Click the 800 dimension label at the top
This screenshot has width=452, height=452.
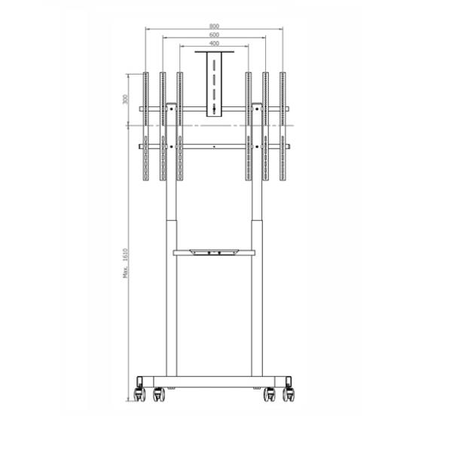tap(215, 25)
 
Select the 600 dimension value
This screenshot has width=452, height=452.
tap(215, 35)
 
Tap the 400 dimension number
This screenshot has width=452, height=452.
tap(215, 44)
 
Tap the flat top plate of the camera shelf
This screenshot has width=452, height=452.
tap(215, 53)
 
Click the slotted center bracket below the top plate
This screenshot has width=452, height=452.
tap(215, 87)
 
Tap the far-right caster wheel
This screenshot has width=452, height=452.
tap(289, 392)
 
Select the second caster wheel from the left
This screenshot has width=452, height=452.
tap(160, 392)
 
